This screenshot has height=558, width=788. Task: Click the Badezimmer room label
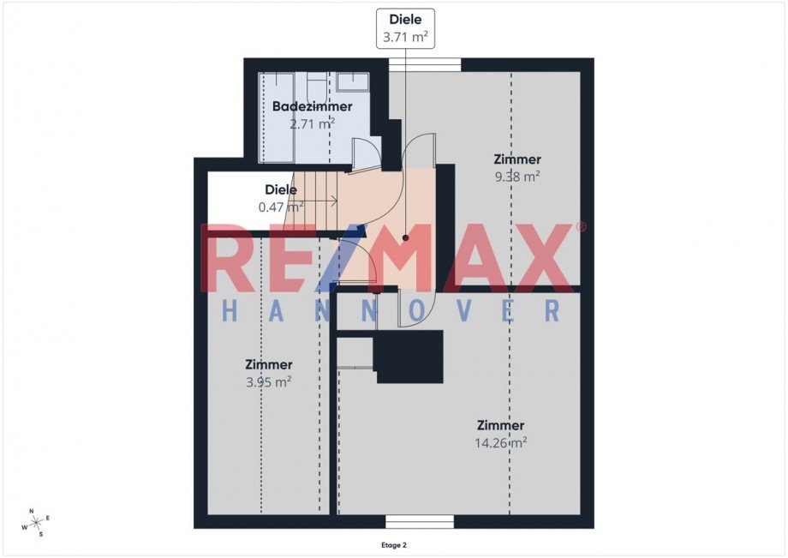click(x=312, y=106)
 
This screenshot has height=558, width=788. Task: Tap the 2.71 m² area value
click(x=312, y=123)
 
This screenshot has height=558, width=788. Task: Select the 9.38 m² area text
click(x=517, y=177)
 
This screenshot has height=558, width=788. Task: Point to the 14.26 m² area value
click(x=500, y=442)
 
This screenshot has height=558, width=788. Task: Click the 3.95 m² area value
click(x=268, y=382)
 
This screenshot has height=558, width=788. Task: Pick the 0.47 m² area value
click(x=281, y=207)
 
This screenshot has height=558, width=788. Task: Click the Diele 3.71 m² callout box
click(x=405, y=28)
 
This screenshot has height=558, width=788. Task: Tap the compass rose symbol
click(x=36, y=524)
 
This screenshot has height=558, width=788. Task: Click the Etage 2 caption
click(x=393, y=545)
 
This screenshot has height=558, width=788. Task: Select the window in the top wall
click(x=425, y=65)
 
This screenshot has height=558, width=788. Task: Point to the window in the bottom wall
click(x=420, y=522)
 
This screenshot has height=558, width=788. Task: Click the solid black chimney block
click(x=408, y=357)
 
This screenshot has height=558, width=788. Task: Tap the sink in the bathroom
click(x=353, y=82)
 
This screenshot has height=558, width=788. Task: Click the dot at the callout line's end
click(x=405, y=237)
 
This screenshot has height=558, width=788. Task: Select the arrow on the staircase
click(x=317, y=202)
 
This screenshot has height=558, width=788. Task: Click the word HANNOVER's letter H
click(x=230, y=310)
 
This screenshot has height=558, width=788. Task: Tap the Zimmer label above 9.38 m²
click(x=517, y=159)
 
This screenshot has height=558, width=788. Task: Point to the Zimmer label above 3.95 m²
click(x=268, y=364)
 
